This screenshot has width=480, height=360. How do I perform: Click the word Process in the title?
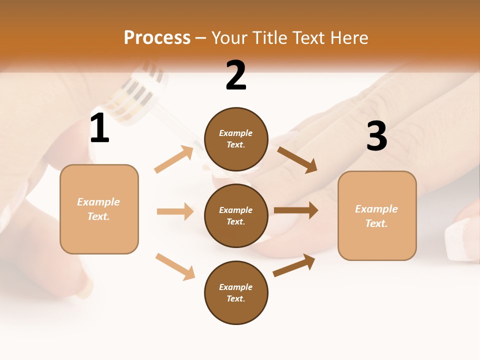[x=157, y=38]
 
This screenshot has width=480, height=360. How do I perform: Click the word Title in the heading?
[x=269, y=38]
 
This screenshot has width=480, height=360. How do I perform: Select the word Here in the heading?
[x=348, y=38]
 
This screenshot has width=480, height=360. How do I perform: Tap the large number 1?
[x=99, y=128]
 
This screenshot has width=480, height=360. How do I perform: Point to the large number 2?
[x=236, y=75]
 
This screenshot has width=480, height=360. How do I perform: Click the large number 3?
[x=376, y=136]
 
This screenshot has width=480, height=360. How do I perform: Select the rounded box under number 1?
[x=99, y=209]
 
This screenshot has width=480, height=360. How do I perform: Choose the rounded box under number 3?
[x=377, y=215]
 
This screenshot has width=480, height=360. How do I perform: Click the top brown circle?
[x=236, y=139]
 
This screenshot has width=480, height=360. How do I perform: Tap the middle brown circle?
[x=236, y=215]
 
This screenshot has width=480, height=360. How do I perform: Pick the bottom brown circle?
[x=236, y=292]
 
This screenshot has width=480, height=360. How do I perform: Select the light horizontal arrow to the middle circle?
[x=175, y=211]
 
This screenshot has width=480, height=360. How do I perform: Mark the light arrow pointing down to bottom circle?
[x=175, y=266]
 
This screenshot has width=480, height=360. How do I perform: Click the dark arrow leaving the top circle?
[x=297, y=159]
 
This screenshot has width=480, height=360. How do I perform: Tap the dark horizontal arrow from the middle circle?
[x=296, y=210]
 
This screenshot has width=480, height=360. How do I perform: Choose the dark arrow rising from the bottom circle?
[x=294, y=265]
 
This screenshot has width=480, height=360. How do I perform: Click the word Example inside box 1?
[x=98, y=202]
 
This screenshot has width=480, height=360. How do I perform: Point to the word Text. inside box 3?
[x=376, y=223]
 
